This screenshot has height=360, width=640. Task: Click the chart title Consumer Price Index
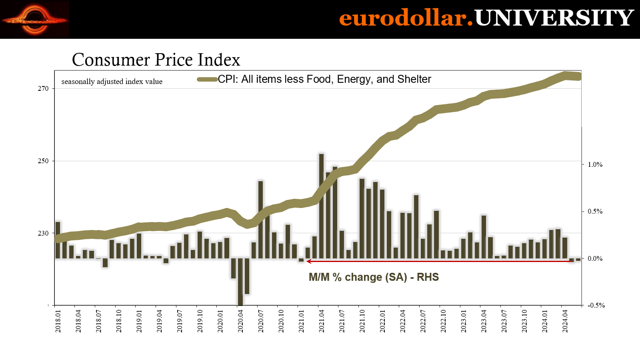coord(156,60)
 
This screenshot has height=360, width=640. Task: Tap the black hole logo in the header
coord(35,19)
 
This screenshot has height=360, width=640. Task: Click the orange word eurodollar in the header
coord(406,18)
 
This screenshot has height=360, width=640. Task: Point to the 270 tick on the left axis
coord(43,88)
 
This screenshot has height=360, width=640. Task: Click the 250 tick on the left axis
coord(43,161)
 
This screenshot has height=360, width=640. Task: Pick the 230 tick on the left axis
coord(43,233)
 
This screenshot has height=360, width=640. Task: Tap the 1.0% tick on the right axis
coord(595,164)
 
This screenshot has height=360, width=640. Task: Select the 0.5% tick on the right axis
coord(595,211)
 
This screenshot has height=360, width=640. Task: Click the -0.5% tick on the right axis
coord(596,305)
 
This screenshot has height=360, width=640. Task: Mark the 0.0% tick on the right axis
coord(595,258)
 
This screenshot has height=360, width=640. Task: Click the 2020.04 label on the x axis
coord(240,321)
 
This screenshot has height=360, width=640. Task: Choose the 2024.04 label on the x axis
coord(565,321)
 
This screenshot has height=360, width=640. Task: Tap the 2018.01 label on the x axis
coord(58,321)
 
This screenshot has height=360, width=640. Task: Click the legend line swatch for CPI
coord(207,79)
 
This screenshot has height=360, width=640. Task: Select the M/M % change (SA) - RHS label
coord(374,277)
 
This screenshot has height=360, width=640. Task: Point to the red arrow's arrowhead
coord(308,261)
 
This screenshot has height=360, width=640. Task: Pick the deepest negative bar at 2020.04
coord(240,282)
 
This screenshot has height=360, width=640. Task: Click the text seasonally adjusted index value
coord(112,82)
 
